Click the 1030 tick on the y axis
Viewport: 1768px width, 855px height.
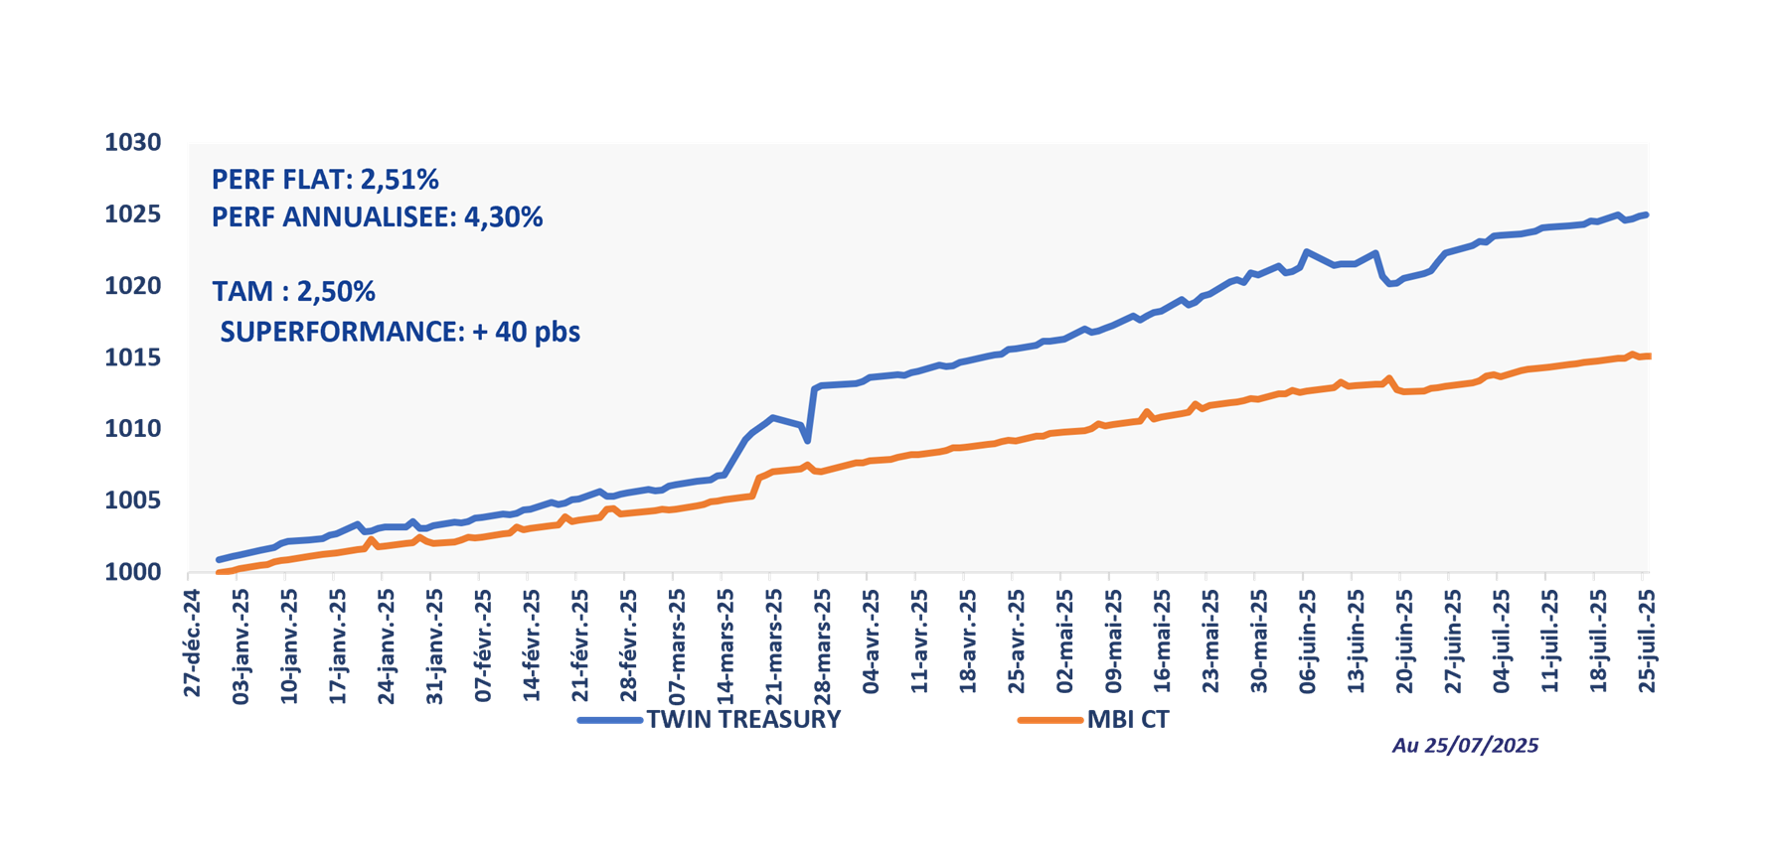[133, 143]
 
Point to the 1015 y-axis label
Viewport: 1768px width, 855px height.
[133, 357]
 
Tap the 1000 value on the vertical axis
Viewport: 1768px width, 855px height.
[133, 572]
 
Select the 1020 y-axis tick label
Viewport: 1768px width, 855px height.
[133, 286]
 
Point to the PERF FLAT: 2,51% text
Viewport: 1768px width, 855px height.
[325, 180]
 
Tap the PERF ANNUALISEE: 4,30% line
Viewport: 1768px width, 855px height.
[377, 217]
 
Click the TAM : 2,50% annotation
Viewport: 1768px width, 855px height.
[293, 292]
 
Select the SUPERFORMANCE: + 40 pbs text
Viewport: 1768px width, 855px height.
[400, 332]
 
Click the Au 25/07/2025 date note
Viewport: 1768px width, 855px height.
[1465, 746]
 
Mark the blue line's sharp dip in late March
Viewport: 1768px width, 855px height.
[808, 440]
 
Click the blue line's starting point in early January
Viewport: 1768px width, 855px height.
[219, 560]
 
